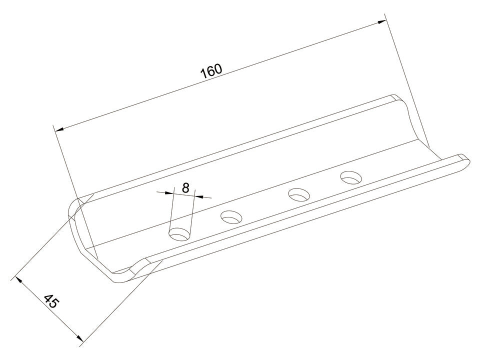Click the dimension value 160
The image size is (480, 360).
pyautogui.click(x=211, y=71)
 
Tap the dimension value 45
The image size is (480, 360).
pyautogui.click(x=50, y=301)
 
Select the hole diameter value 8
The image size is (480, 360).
pyautogui.click(x=185, y=187)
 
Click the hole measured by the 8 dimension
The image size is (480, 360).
pyautogui.click(x=179, y=234)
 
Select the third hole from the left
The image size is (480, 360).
pyautogui.click(x=299, y=194)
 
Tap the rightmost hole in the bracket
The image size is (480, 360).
pyautogui.click(x=351, y=177)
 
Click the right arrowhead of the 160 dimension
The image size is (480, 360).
pyautogui.click(x=381, y=21)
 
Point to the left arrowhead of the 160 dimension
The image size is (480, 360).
pyautogui.click(x=59, y=129)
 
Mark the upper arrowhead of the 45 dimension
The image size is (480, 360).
pyautogui.click(x=18, y=280)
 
